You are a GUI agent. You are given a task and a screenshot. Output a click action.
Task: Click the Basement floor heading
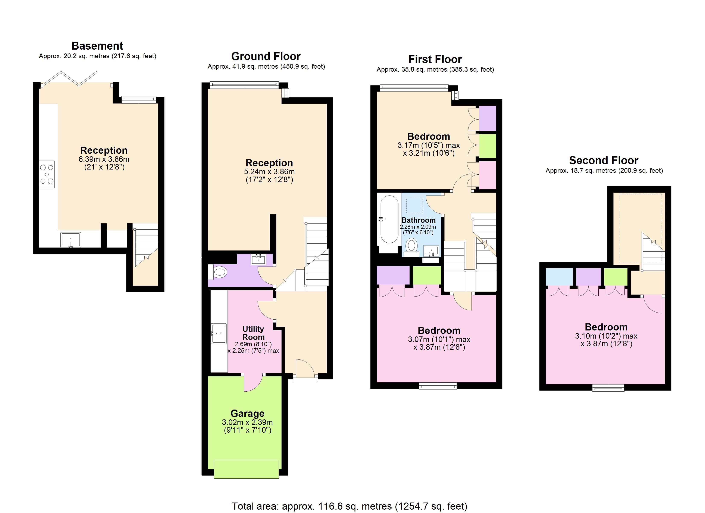[97, 46]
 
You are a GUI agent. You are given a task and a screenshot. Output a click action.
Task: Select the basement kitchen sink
[70, 240]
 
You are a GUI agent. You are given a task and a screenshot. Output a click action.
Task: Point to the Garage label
[247, 413]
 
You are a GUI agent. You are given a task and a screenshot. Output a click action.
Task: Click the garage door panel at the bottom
[247, 469]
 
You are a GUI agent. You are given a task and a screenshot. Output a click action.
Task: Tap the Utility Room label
[253, 333]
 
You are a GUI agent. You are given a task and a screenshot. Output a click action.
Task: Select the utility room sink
[219, 333]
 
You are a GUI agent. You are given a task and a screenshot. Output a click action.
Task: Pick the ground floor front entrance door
[305, 370]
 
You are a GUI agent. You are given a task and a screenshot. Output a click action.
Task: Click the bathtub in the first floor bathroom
[389, 219]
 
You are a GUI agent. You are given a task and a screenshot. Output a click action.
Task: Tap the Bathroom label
[418, 220]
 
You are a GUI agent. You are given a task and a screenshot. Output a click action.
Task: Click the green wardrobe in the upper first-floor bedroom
[487, 146]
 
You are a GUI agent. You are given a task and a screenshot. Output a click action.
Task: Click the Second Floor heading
[603, 160]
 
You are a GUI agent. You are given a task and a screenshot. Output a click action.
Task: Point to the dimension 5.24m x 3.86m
[269, 172]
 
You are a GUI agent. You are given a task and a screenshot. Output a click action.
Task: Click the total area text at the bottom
[349, 506]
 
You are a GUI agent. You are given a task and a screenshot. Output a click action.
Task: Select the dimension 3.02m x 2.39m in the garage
[247, 422]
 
